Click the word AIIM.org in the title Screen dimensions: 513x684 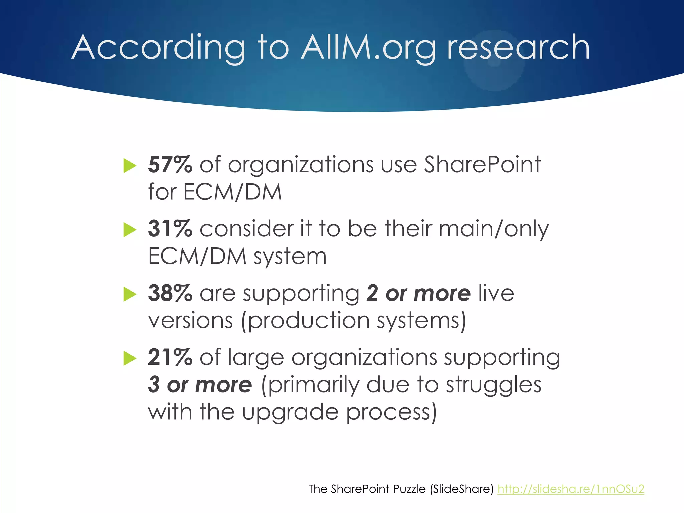[368, 47]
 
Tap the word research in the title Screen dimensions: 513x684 [518, 47]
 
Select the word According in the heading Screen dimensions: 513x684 [159, 47]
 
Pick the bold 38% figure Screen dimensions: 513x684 [170, 293]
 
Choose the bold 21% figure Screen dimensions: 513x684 [170, 357]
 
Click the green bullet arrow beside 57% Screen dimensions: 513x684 [130, 166]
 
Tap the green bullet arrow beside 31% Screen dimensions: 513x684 [130, 230]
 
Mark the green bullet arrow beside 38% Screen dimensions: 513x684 [130, 294]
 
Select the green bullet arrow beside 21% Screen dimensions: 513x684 [130, 358]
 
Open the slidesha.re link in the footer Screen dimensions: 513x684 [570, 489]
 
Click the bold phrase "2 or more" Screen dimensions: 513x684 [418, 293]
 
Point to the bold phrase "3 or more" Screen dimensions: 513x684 [200, 384]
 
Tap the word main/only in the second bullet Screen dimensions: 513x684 [494, 229]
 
